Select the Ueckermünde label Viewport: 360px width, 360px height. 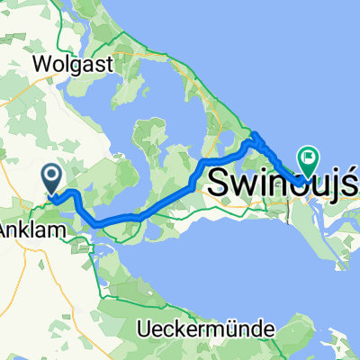pos(206,329)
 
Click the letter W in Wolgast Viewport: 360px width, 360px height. pos(41,64)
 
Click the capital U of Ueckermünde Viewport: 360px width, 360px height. pos(144,329)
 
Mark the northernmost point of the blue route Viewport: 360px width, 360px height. pos(256,134)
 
